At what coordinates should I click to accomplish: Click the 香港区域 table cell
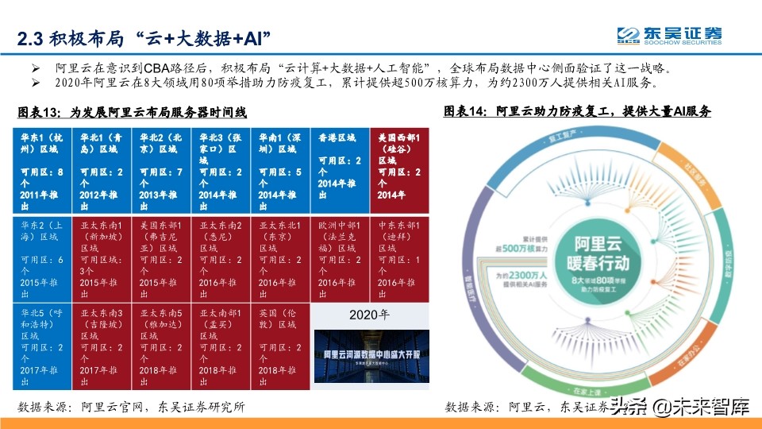coord(340,167)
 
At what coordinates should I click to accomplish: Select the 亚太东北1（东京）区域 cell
coord(280,260)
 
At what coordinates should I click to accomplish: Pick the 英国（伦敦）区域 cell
coord(280,347)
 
